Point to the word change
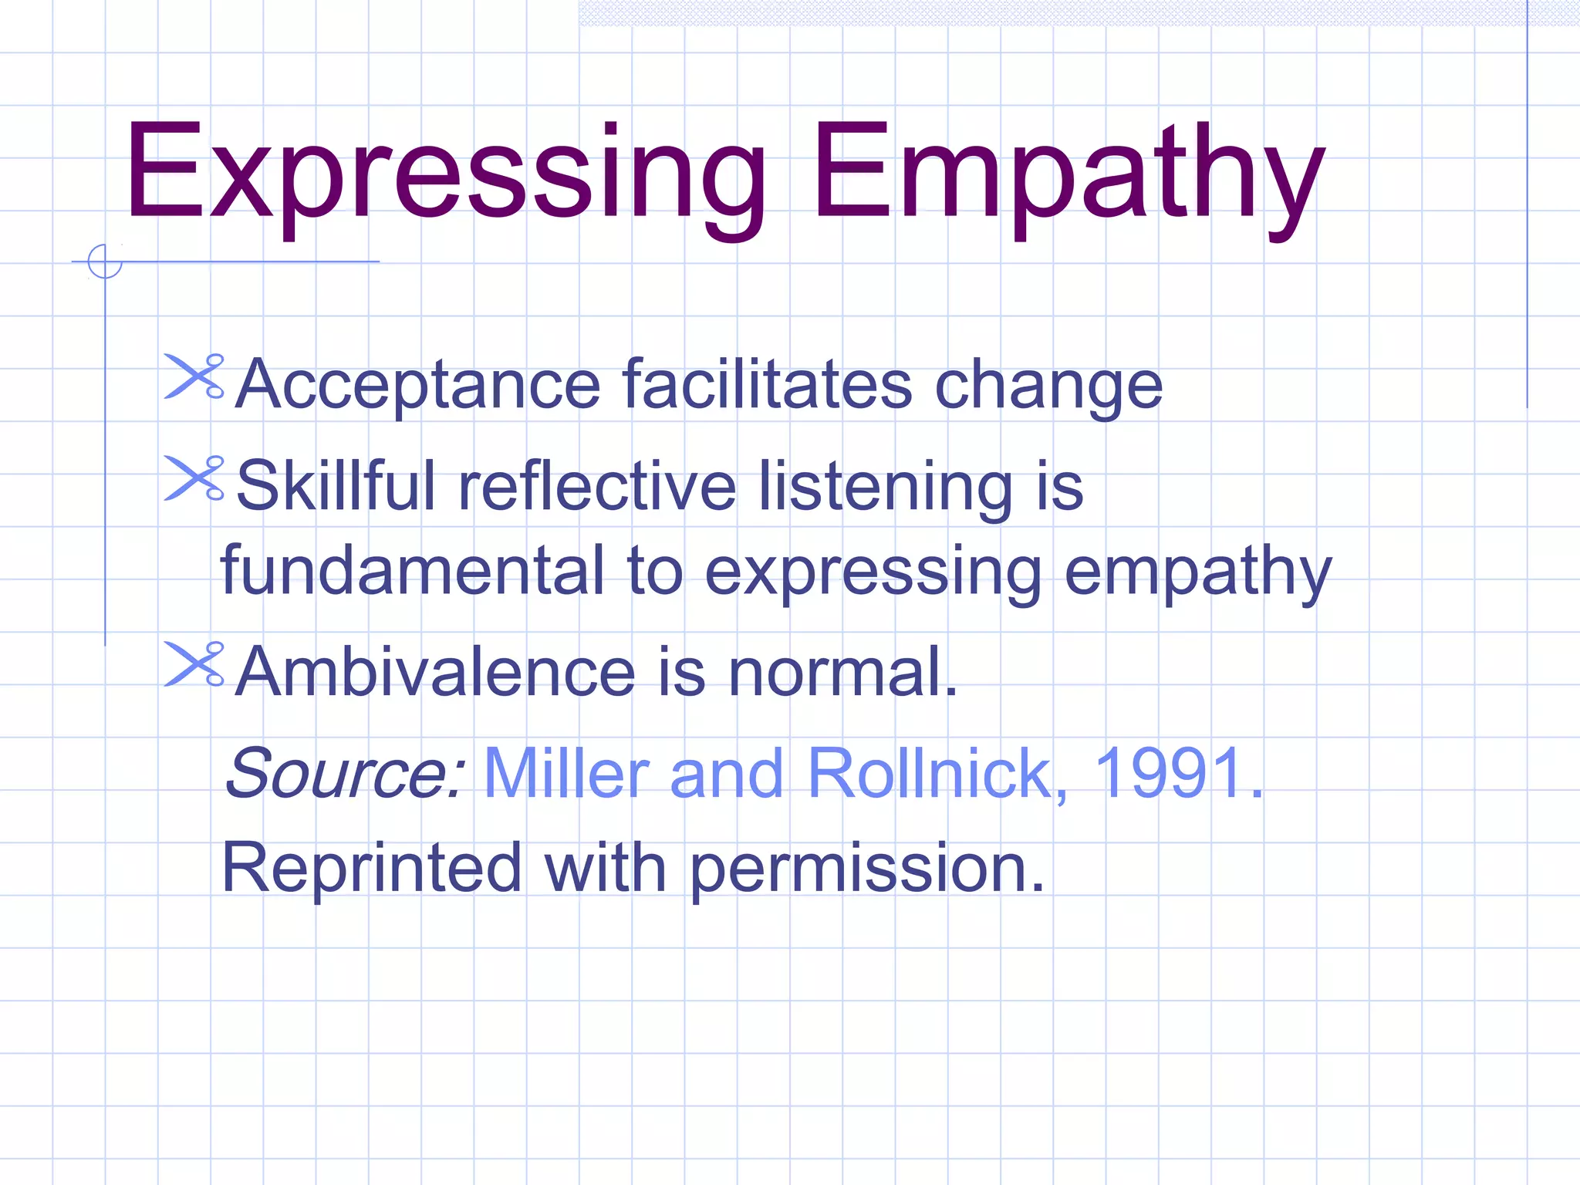1048,387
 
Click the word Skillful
336,485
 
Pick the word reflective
597,485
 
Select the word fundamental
412,571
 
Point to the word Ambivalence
435,671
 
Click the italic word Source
344,773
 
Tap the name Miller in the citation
567,773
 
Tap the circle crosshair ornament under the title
105,261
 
